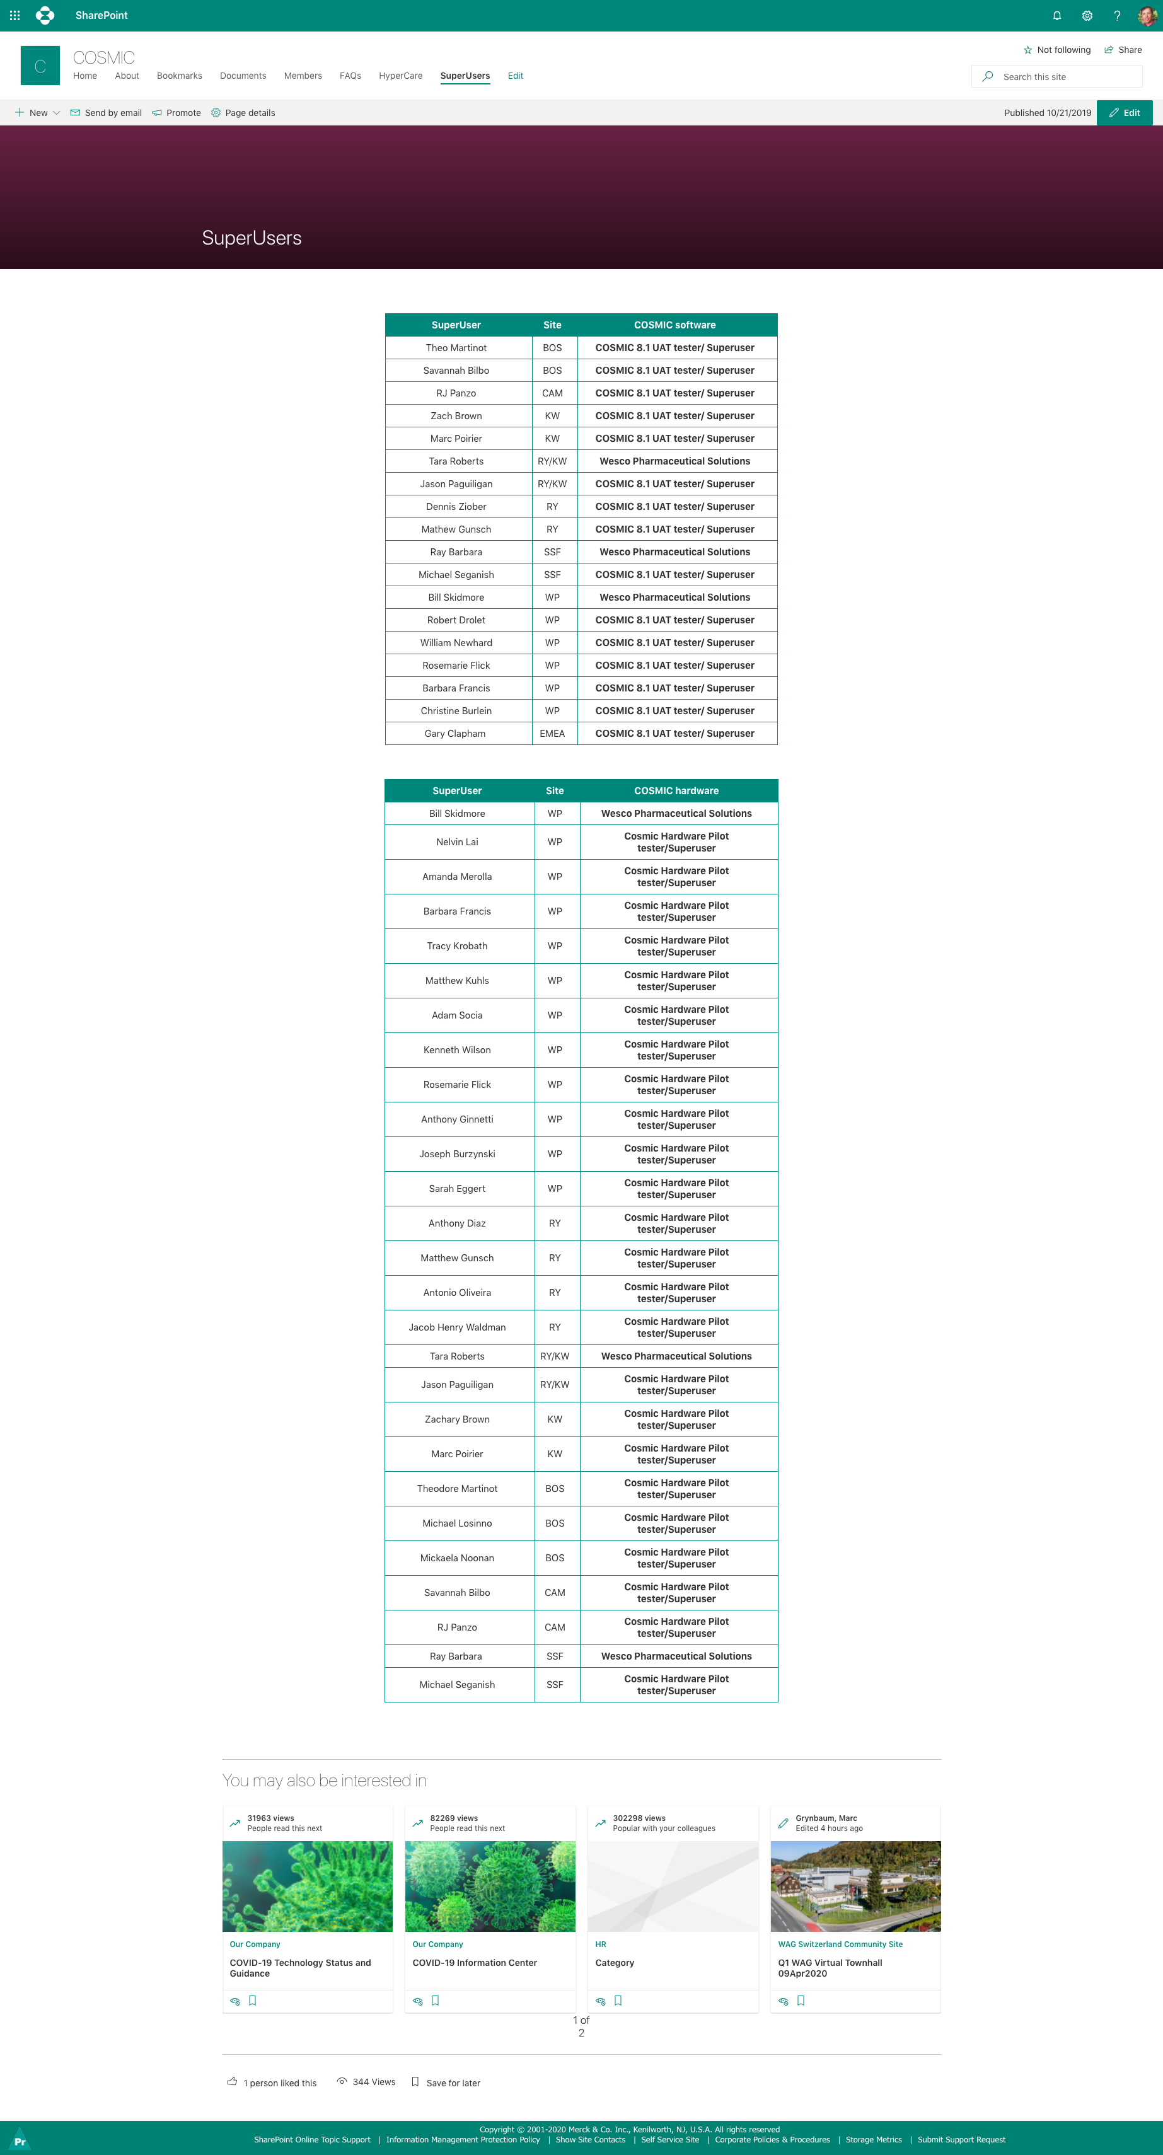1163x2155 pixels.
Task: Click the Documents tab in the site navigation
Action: tap(243, 76)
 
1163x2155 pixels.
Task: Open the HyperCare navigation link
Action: tap(400, 76)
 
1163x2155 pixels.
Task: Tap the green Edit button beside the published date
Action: tap(1124, 113)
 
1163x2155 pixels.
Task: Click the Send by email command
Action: tap(107, 113)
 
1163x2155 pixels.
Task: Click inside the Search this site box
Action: tap(1063, 77)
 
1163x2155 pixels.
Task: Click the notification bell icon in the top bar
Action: tap(1056, 16)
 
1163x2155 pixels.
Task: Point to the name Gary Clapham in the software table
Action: tap(455, 734)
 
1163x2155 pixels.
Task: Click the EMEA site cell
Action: tap(552, 734)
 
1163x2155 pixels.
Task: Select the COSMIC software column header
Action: tap(674, 325)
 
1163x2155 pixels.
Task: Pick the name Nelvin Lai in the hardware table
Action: tap(457, 841)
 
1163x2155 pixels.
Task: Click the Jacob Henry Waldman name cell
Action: tap(457, 1327)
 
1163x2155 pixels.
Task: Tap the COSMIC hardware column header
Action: tap(676, 790)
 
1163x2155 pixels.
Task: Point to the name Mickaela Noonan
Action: tap(457, 1557)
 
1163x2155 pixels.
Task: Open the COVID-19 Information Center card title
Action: tap(475, 1963)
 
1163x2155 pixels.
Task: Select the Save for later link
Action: tap(453, 2083)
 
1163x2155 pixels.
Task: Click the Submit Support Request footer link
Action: tap(961, 2140)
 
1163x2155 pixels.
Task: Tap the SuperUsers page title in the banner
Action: tap(252, 238)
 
